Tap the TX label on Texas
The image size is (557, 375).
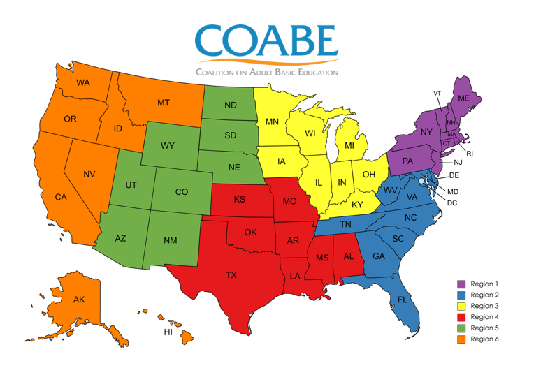pyautogui.click(x=231, y=275)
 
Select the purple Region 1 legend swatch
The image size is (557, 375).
pyautogui.click(x=461, y=284)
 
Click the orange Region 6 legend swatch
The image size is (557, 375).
pyautogui.click(x=461, y=339)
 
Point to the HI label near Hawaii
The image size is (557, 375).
pyautogui.click(x=168, y=332)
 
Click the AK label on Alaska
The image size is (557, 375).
pyautogui.click(x=79, y=300)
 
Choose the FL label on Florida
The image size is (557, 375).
pyautogui.click(x=403, y=300)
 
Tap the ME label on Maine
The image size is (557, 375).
pyautogui.click(x=463, y=99)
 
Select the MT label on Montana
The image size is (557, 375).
pyautogui.click(x=164, y=103)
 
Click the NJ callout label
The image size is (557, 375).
pyautogui.click(x=458, y=162)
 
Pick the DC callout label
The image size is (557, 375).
pyautogui.click(x=452, y=203)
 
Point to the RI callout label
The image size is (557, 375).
pyautogui.click(x=470, y=153)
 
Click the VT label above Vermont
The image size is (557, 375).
pyautogui.click(x=437, y=93)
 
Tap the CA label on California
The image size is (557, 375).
pyautogui.click(x=61, y=198)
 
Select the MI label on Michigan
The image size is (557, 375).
pyautogui.click(x=349, y=147)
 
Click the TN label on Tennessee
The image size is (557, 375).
pyautogui.click(x=345, y=224)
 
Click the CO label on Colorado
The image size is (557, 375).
pyautogui.click(x=182, y=191)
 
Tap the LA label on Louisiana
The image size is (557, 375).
pyautogui.click(x=295, y=277)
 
